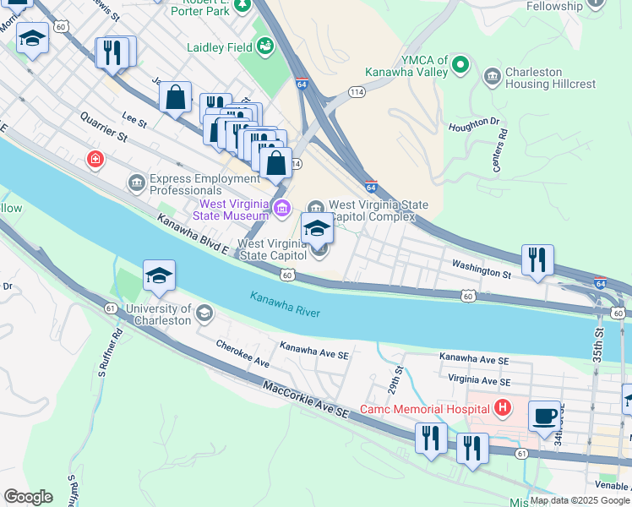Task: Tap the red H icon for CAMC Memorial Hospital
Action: [504, 409]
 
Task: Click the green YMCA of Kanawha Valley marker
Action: [460, 64]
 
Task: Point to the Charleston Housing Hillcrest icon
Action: [492, 78]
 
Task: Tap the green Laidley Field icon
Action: [265, 44]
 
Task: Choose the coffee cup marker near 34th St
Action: [545, 416]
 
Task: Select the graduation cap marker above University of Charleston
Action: [159, 275]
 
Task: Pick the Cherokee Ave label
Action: [242, 353]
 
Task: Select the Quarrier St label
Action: [104, 127]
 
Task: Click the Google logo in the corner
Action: [29, 496]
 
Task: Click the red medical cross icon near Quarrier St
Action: [95, 159]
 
